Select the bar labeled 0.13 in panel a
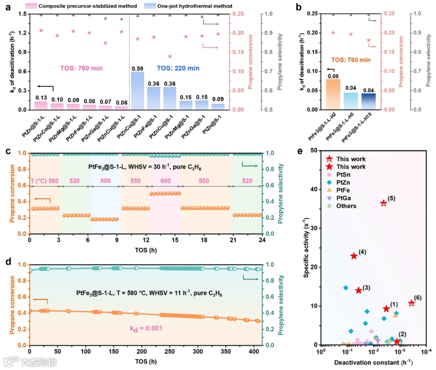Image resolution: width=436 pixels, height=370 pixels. (x=41, y=105)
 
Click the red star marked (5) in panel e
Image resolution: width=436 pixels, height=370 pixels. (x=384, y=203)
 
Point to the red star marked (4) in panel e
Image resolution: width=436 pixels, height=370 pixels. (x=354, y=256)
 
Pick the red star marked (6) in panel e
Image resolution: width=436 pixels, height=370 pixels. (x=411, y=303)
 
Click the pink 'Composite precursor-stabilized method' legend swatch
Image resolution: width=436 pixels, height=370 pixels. (x=46, y=6)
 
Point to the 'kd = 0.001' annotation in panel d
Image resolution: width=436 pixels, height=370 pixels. (x=146, y=328)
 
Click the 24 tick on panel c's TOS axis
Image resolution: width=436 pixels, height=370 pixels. (x=262, y=240)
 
